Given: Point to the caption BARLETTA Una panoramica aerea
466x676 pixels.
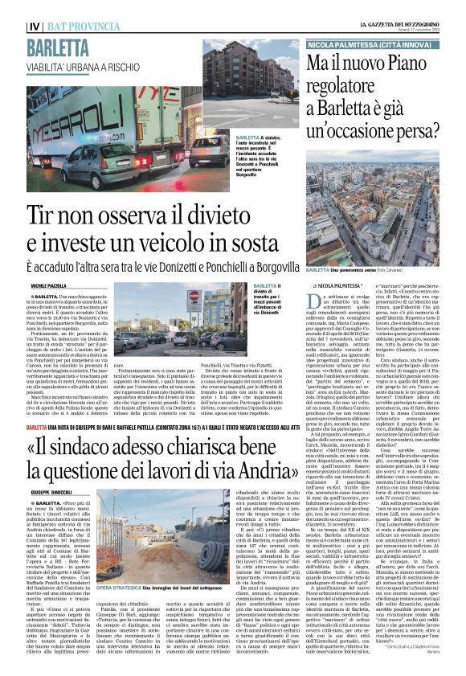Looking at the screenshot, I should (354, 270).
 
